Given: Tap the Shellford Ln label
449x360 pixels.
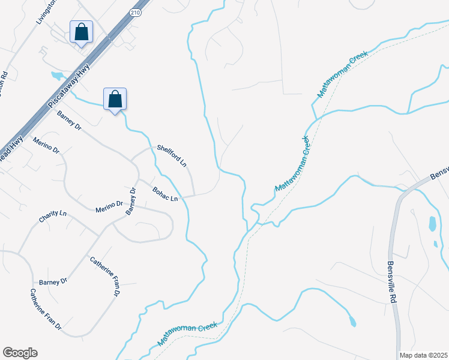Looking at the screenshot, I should tap(172, 155).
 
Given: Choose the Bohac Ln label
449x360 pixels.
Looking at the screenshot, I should tap(166, 194).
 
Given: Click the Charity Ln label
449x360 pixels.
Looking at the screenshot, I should tap(52, 217).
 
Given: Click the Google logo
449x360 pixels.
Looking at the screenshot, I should tap(20, 353).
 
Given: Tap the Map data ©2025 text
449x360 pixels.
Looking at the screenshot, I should tap(424, 355).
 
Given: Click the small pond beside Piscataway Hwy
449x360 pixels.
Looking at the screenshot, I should tap(57, 76).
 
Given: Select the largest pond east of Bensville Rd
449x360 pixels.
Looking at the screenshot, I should tap(432, 224).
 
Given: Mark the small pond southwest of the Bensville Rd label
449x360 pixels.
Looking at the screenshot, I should tap(352, 322).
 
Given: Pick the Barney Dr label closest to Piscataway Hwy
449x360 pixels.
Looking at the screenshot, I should tap(68, 119).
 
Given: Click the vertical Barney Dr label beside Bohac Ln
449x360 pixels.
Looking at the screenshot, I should tap(131, 201).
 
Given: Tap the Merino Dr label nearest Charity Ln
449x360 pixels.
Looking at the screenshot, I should tap(109, 208).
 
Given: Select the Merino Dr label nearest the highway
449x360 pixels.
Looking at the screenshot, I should tap(46, 145).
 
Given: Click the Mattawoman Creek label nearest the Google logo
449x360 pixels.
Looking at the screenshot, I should tap(187, 332).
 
